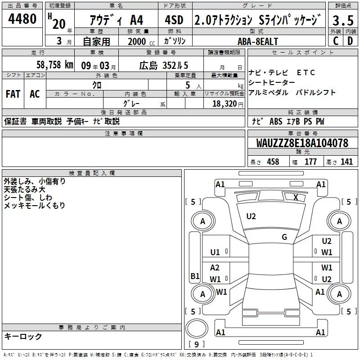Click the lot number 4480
[22, 19]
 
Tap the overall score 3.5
[343, 20]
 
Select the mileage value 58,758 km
[55, 65]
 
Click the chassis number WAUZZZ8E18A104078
[302, 143]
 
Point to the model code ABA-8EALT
[258, 41]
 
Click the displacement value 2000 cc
[141, 42]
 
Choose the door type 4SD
[174, 20]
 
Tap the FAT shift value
[13, 94]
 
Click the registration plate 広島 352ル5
[164, 65]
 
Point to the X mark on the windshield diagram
[296, 198]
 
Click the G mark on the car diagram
[284, 237]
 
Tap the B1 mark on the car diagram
[195, 276]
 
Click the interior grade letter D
[350, 41]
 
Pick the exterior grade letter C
[336, 41]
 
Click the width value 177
[310, 162]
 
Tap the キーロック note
[23, 336]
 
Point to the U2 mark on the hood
[251, 216]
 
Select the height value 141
[346, 162]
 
